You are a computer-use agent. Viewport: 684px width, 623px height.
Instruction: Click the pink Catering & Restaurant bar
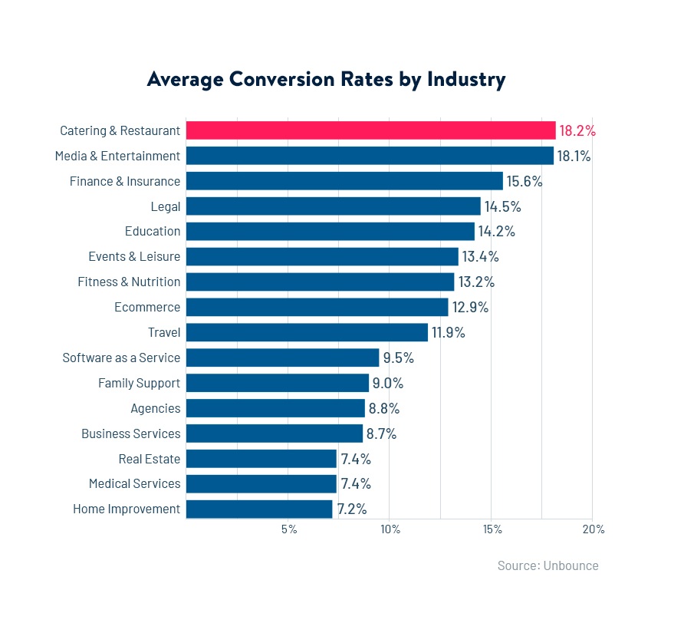pos(371,130)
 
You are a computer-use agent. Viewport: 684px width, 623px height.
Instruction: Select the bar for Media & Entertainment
pos(370,156)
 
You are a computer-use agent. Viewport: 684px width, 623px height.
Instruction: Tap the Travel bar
pos(307,332)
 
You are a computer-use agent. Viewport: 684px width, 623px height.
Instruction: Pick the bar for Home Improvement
pos(259,509)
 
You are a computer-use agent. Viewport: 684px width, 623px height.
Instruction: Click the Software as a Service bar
pos(283,358)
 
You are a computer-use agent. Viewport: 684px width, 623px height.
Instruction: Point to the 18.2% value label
pos(577,130)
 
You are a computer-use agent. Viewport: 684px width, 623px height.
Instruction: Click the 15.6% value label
pos(525,181)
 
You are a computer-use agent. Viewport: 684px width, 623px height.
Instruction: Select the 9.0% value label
pos(388,383)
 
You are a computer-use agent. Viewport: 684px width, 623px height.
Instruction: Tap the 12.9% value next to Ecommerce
pos(470,308)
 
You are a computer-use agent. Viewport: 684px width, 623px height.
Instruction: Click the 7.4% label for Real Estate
pos(356,459)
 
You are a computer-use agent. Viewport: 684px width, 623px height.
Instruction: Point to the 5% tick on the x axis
pos(289,529)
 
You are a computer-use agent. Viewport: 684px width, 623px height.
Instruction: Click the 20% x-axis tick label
pos(594,529)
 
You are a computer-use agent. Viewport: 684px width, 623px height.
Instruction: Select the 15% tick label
pos(492,529)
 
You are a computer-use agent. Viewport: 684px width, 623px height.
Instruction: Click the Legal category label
pos(166,206)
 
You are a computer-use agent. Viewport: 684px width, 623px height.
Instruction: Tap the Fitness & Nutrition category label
pos(129,282)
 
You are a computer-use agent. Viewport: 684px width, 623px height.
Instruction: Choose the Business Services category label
pos(131,433)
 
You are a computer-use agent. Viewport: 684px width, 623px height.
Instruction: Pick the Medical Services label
pos(134,483)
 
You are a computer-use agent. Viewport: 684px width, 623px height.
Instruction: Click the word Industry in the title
pos(466,80)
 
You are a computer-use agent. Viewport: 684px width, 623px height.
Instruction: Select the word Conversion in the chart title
pos(281,79)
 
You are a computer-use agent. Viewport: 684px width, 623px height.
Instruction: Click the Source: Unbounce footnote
pos(548,565)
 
